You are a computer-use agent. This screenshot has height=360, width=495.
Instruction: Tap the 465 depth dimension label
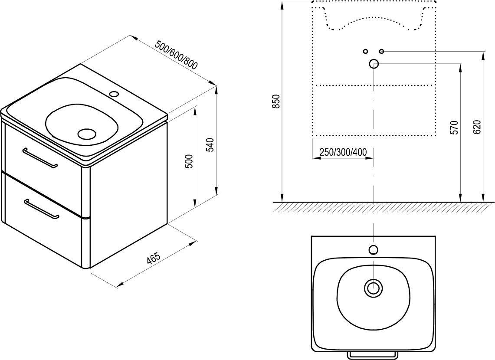click(153, 258)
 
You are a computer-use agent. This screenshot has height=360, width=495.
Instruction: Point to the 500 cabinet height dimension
click(188, 161)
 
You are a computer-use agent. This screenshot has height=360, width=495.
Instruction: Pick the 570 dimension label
click(454, 128)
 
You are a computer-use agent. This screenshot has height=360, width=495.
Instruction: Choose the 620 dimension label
click(477, 127)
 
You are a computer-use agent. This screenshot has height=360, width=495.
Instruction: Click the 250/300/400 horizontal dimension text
click(343, 152)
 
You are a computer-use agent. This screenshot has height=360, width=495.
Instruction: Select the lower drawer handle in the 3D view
click(41, 209)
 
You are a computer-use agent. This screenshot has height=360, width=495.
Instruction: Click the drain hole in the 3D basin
click(87, 133)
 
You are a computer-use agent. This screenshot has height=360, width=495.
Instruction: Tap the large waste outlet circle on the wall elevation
click(374, 64)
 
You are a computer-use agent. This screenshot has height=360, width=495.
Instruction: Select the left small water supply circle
click(365, 51)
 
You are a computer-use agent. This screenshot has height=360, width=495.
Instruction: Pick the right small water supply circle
click(381, 51)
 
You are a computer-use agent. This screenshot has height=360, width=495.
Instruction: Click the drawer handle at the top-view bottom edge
click(373, 354)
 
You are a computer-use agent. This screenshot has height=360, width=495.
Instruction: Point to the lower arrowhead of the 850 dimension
click(282, 199)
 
